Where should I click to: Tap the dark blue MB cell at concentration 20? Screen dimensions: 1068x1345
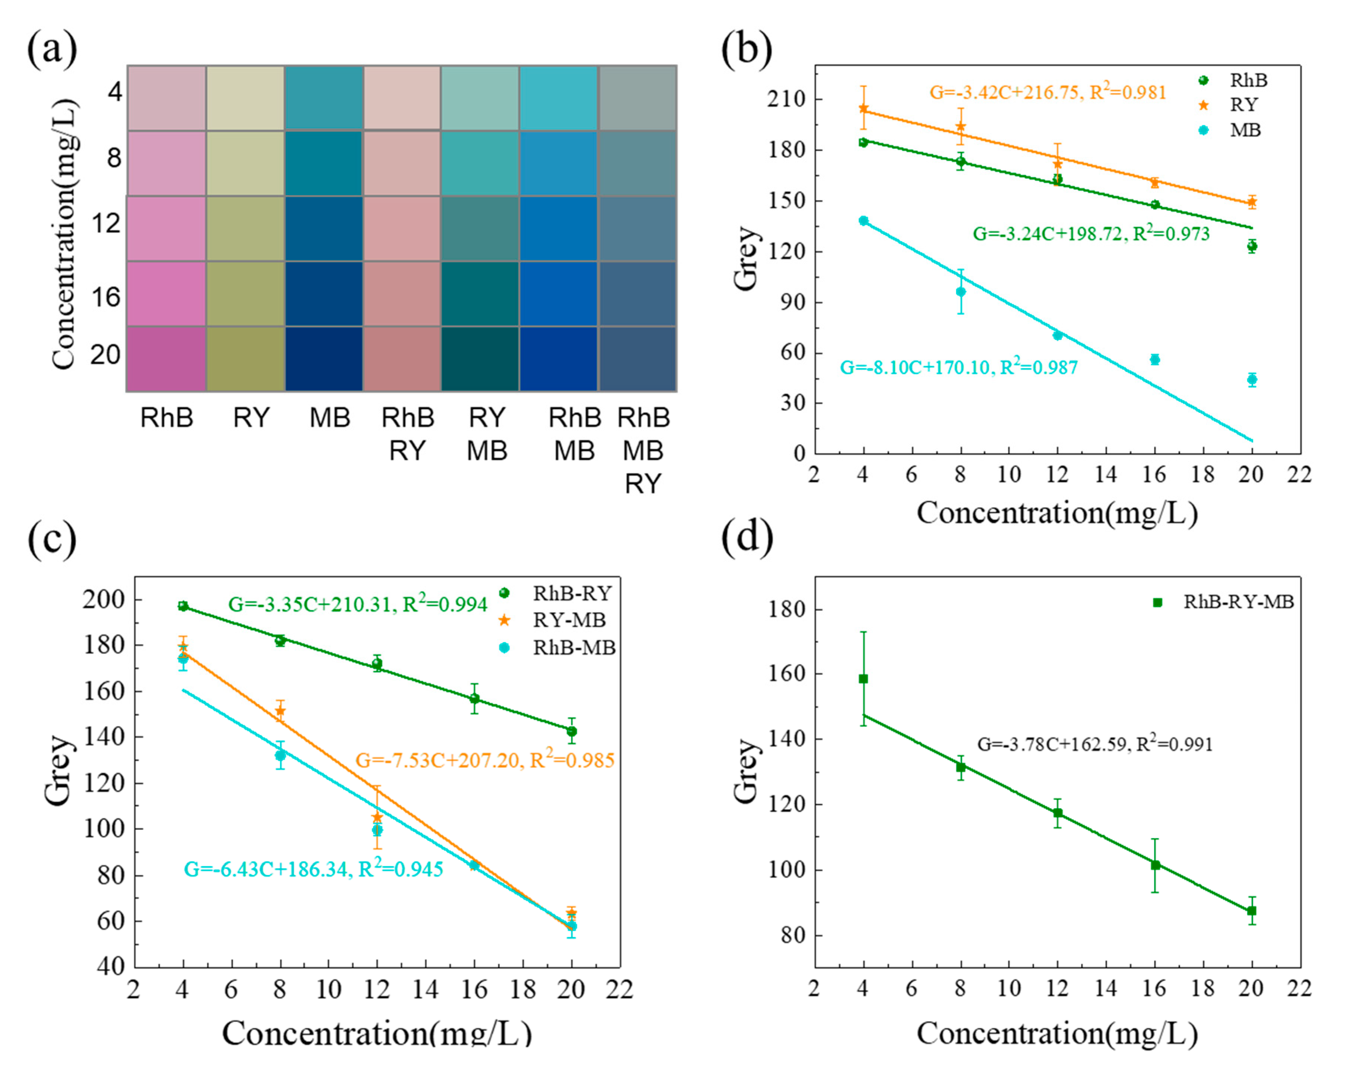click(x=324, y=359)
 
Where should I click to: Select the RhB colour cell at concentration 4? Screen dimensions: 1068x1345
click(x=167, y=98)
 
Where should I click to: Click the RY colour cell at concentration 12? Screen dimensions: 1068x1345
click(x=245, y=228)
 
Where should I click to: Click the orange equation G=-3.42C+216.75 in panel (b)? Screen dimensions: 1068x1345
click(x=1047, y=92)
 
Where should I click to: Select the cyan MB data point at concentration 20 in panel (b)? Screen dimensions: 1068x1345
click(x=1252, y=379)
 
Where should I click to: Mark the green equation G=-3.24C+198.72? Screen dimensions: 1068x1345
click(x=1090, y=234)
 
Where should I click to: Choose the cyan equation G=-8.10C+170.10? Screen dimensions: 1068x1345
click(x=958, y=367)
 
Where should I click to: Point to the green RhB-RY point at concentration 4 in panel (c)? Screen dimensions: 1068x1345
click(x=183, y=606)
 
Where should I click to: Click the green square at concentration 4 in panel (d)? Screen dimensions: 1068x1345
click(x=863, y=679)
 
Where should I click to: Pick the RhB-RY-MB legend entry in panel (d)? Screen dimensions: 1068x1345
click(x=1238, y=602)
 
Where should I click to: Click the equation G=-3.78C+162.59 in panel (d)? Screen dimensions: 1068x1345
click(x=1094, y=744)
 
